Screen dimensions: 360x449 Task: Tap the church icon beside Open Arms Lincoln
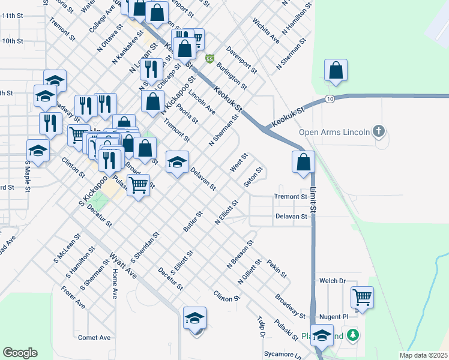(x=378, y=130)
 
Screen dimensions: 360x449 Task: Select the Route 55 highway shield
(x=209, y=58)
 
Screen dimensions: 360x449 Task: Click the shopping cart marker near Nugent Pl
(x=362, y=296)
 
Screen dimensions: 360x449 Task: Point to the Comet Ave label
(x=94, y=338)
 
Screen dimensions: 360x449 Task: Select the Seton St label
(x=254, y=177)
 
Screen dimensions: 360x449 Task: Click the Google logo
(x=20, y=353)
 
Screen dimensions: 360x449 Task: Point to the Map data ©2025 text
(x=424, y=355)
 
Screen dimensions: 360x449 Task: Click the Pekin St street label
(x=277, y=268)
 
